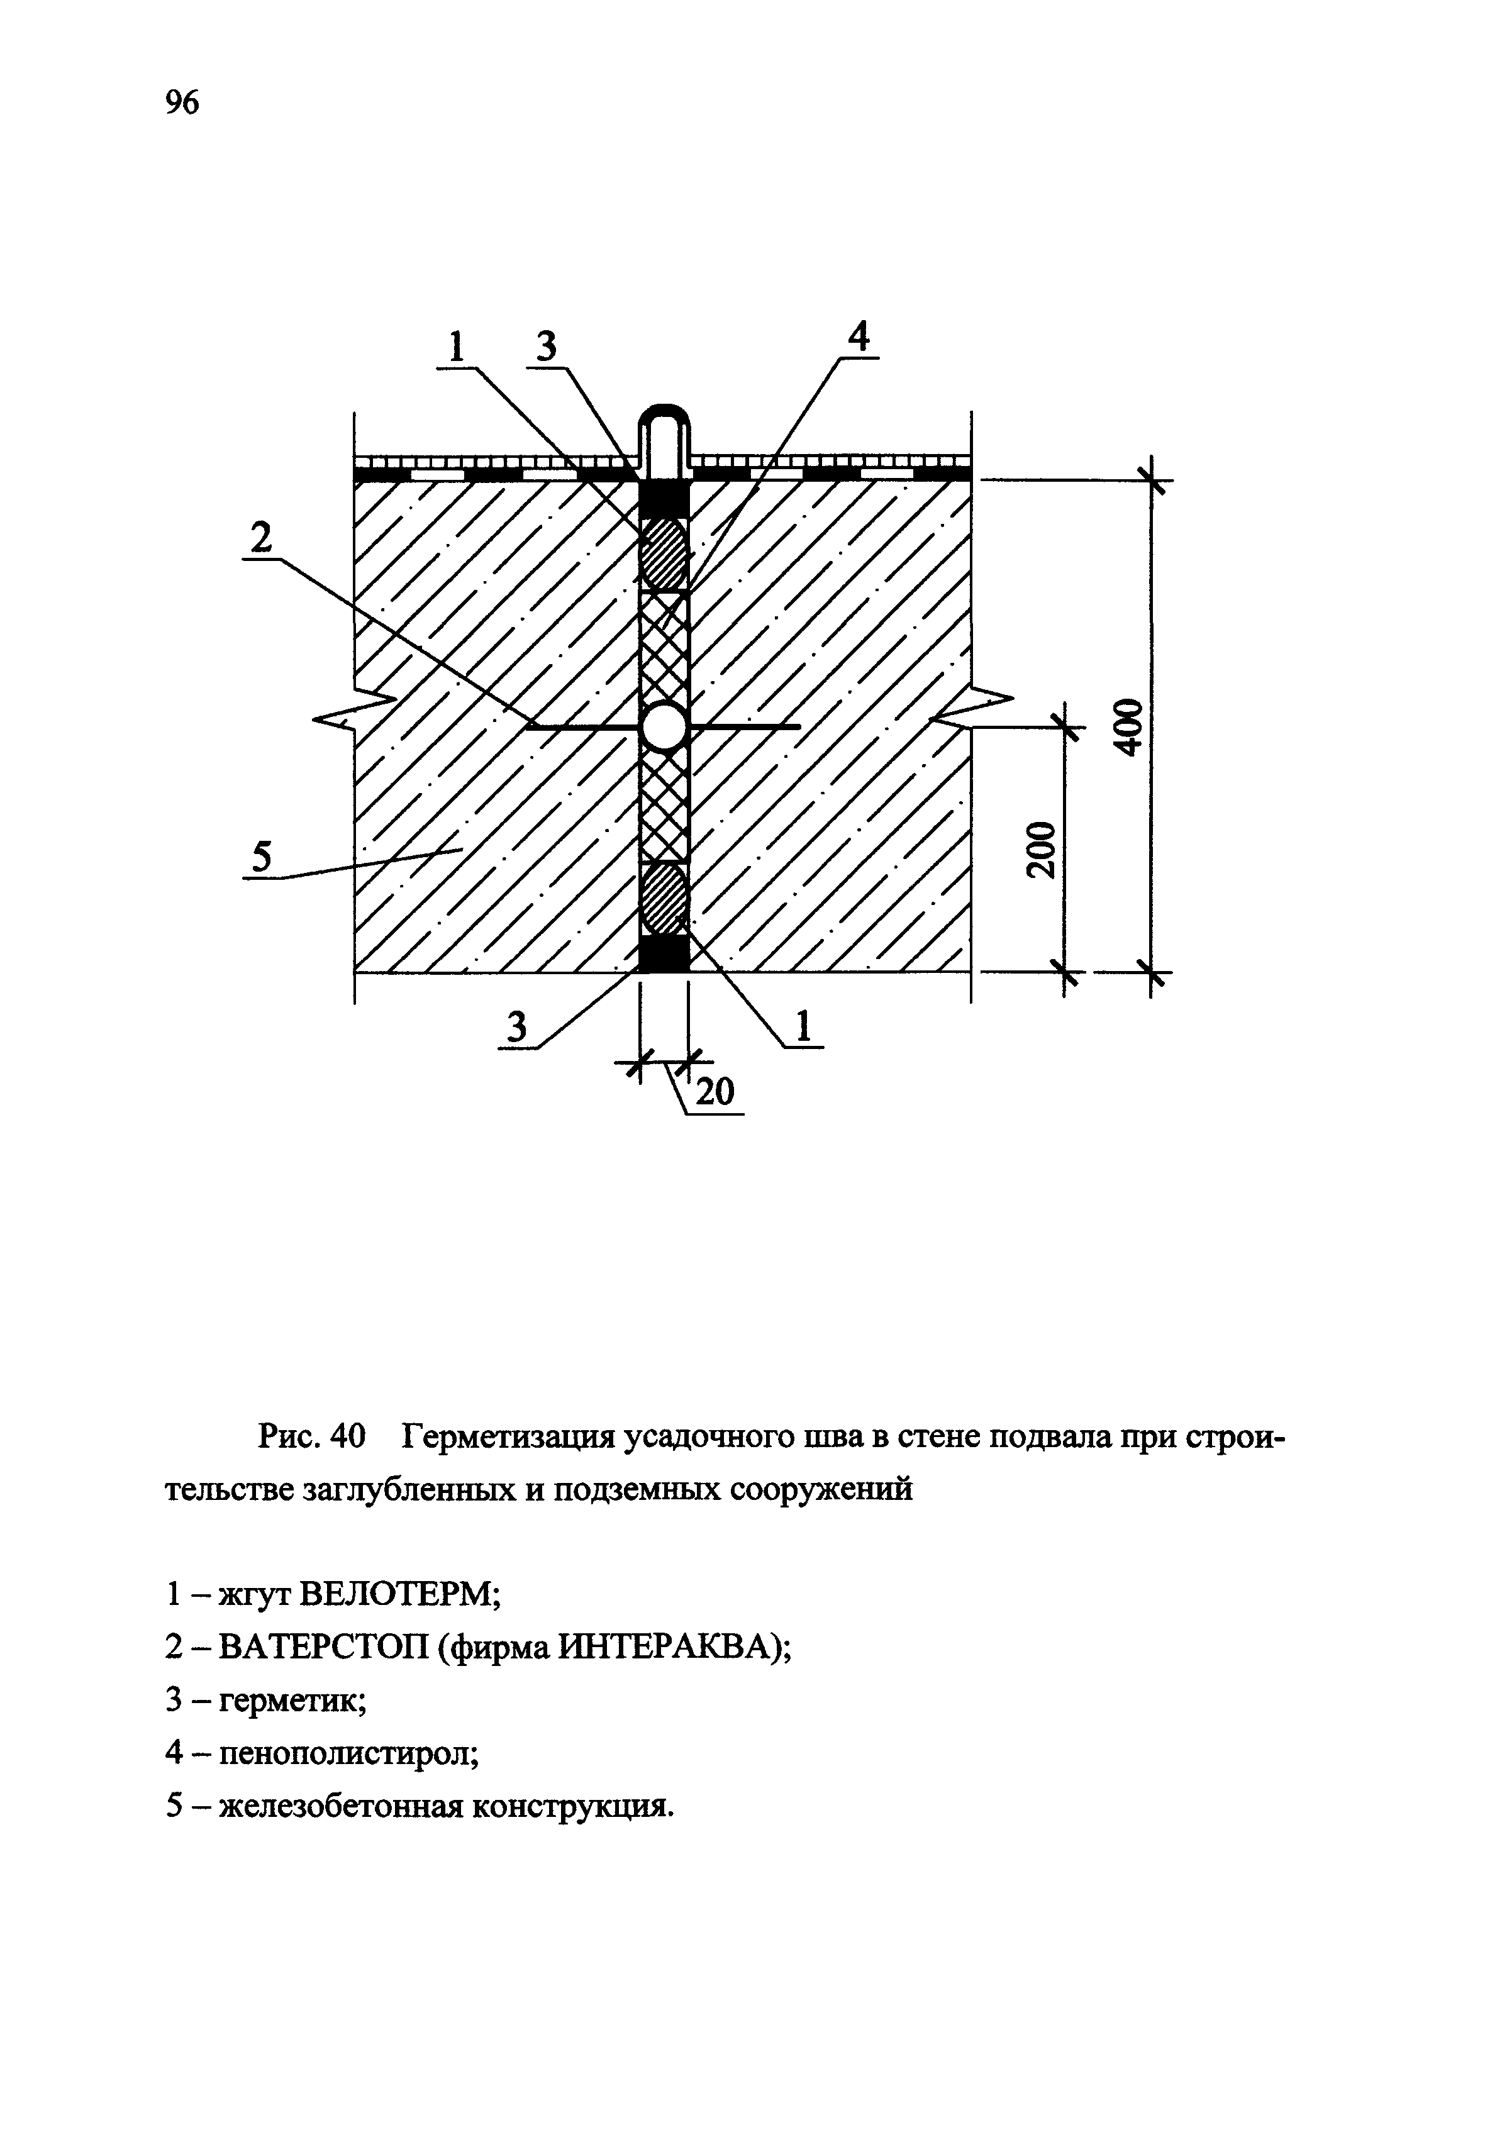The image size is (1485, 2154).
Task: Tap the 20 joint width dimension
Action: pos(715,1091)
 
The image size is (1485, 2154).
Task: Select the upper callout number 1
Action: pos(456,348)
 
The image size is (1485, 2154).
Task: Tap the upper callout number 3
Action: pos(546,348)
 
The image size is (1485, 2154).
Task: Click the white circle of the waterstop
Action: pos(664,726)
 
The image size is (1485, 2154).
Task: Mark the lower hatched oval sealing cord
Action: pos(664,899)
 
